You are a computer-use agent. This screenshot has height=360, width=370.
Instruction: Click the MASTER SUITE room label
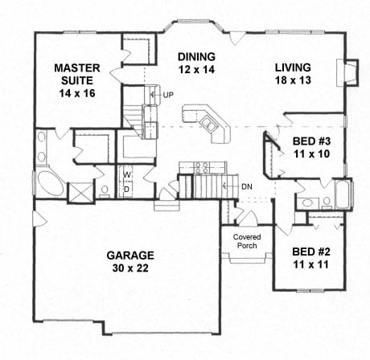(77, 74)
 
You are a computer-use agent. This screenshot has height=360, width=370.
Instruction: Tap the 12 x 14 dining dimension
(197, 70)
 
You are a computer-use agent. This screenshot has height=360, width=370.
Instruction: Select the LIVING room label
(293, 67)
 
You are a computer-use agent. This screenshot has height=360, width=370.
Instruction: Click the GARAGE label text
(130, 256)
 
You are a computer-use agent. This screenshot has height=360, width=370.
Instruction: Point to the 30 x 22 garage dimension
(130, 268)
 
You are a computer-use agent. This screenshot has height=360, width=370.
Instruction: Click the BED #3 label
(311, 141)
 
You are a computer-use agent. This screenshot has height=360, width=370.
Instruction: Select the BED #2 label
(311, 252)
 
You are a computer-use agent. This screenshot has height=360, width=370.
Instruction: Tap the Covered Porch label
(247, 241)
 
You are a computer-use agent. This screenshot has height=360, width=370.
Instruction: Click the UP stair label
(168, 95)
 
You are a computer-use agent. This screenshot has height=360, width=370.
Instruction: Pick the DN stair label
(247, 186)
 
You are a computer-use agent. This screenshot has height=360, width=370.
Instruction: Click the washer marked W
(127, 175)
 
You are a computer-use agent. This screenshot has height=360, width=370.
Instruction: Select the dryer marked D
(126, 189)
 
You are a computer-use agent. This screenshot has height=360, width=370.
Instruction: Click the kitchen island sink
(209, 123)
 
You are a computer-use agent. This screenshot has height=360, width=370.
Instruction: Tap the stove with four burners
(201, 167)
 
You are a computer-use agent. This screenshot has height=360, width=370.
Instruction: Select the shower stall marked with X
(81, 192)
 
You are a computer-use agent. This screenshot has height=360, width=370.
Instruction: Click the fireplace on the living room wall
(347, 72)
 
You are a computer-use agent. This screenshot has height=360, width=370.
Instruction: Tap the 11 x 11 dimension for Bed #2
(311, 264)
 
